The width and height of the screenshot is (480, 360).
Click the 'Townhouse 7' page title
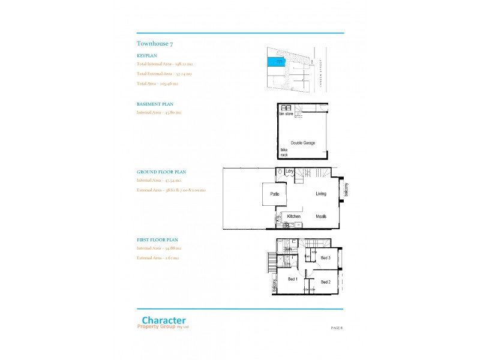(155, 44)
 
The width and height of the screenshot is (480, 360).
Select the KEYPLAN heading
(147, 55)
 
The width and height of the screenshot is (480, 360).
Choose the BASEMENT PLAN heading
(155, 104)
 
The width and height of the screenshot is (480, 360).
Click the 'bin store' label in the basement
(286, 113)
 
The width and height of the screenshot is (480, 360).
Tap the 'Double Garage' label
(299, 143)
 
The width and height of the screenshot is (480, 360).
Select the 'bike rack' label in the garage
(284, 152)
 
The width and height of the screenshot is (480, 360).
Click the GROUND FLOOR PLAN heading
(161, 172)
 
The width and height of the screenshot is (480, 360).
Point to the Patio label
(275, 194)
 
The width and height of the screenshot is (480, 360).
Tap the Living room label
(322, 194)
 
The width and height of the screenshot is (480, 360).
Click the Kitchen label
(293, 216)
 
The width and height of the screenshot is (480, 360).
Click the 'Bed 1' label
(293, 280)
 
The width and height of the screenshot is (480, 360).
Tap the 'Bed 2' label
(326, 282)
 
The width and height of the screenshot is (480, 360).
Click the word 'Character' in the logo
(163, 320)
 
